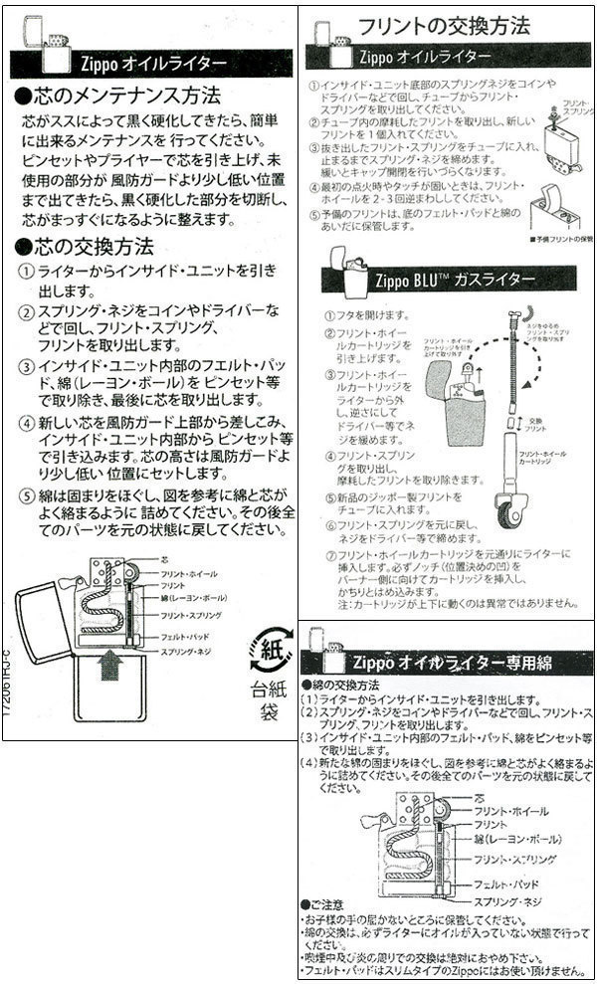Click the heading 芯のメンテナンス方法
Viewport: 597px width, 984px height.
coord(124,97)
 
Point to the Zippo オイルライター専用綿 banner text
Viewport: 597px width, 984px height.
coord(452,662)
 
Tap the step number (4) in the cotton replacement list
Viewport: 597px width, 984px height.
coord(308,761)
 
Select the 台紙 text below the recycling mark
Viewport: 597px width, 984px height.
coord(261,689)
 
